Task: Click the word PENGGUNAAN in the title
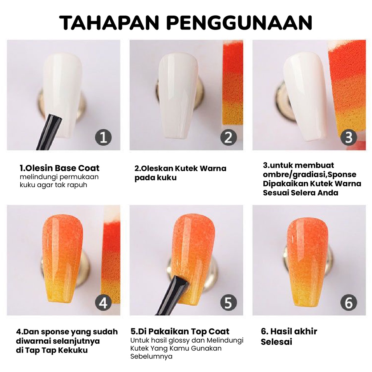tap(240, 23)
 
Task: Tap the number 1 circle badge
tap(103, 138)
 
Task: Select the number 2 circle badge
tap(228, 138)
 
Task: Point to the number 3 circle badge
tap(348, 138)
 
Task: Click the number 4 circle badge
tap(103, 303)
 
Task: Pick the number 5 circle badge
tap(228, 303)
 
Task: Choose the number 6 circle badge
tap(348, 303)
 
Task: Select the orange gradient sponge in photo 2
tap(232, 84)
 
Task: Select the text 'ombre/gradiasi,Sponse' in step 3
tap(310, 174)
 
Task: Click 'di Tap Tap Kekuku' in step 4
tap(52, 350)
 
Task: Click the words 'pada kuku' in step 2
tap(155, 178)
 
